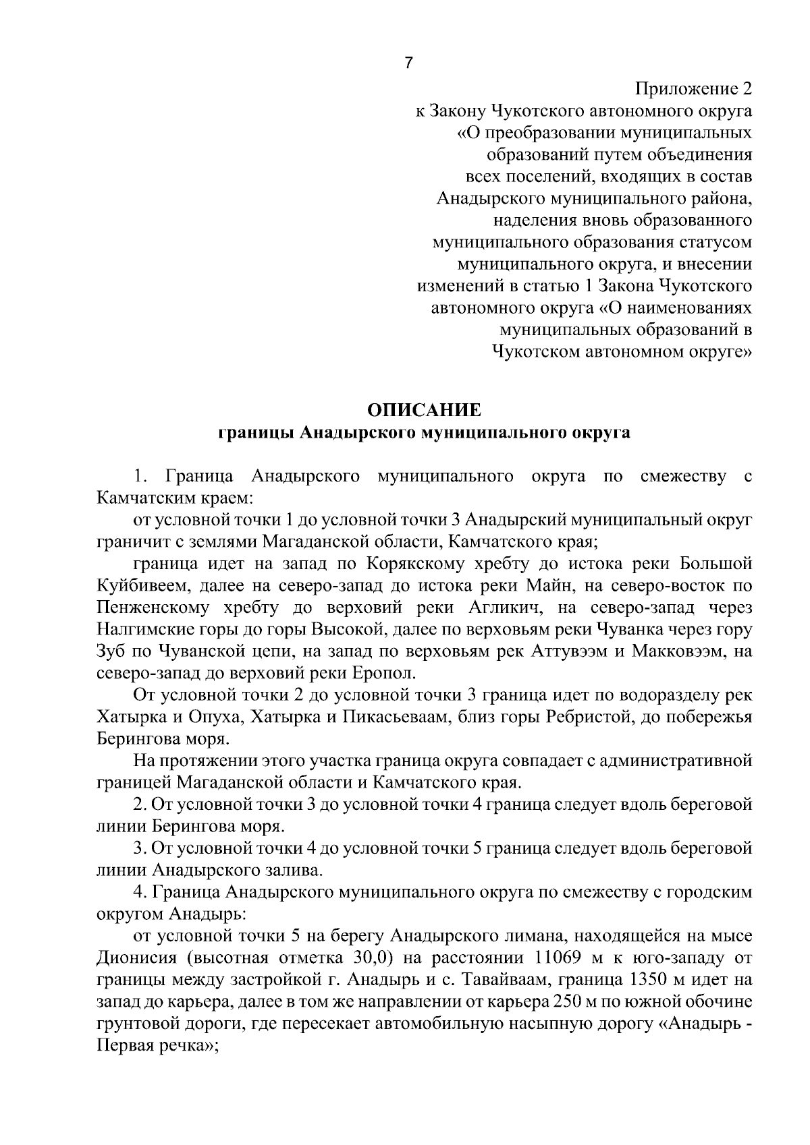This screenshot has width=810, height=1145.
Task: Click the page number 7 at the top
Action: pos(408,63)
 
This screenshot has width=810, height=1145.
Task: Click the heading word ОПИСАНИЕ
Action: pos(424,410)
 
